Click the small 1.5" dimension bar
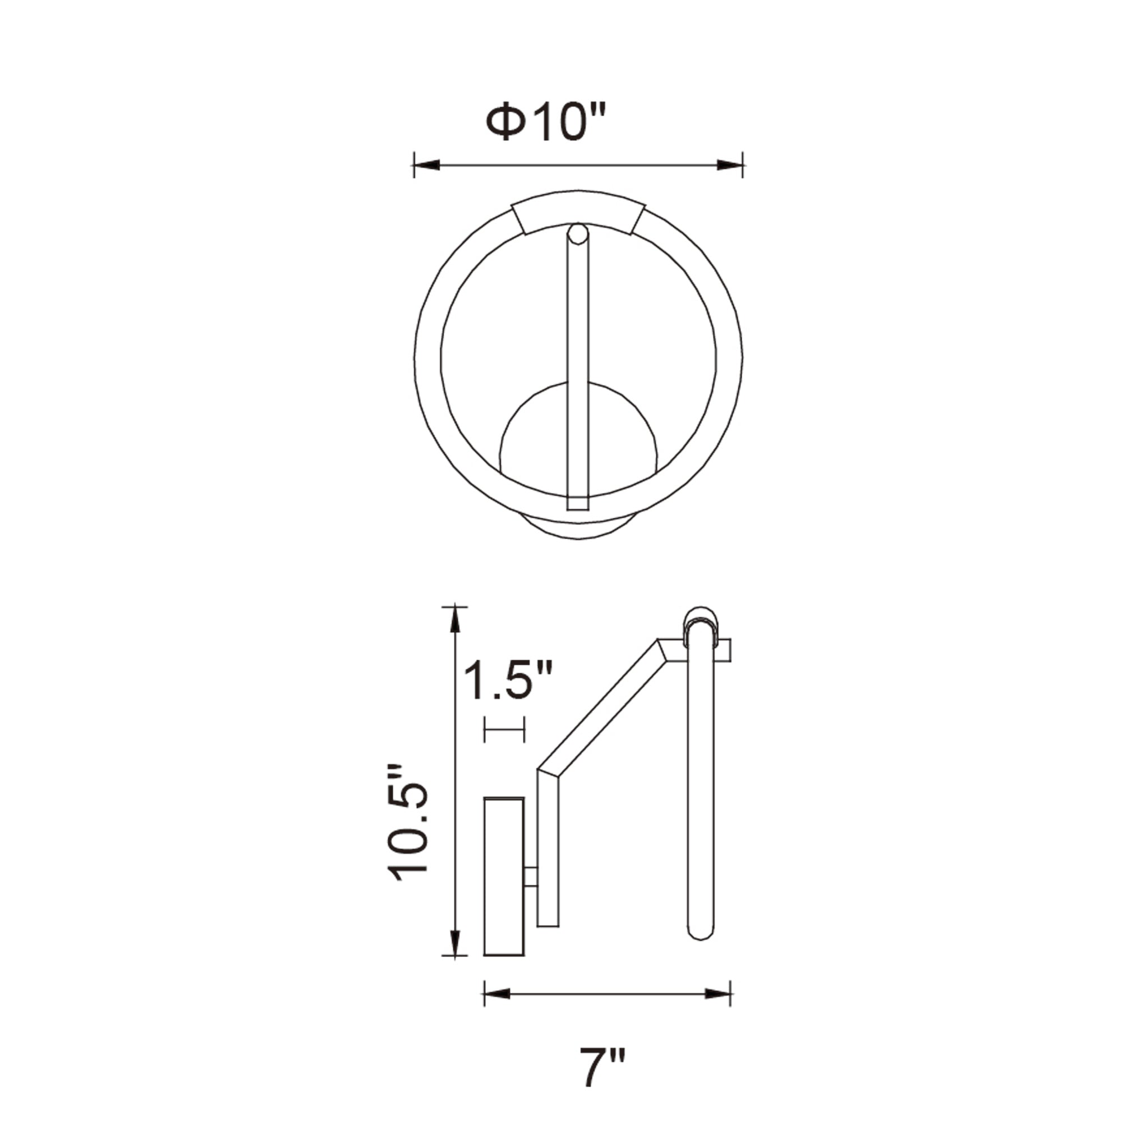[x=504, y=729]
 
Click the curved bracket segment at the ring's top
[x=577, y=211]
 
